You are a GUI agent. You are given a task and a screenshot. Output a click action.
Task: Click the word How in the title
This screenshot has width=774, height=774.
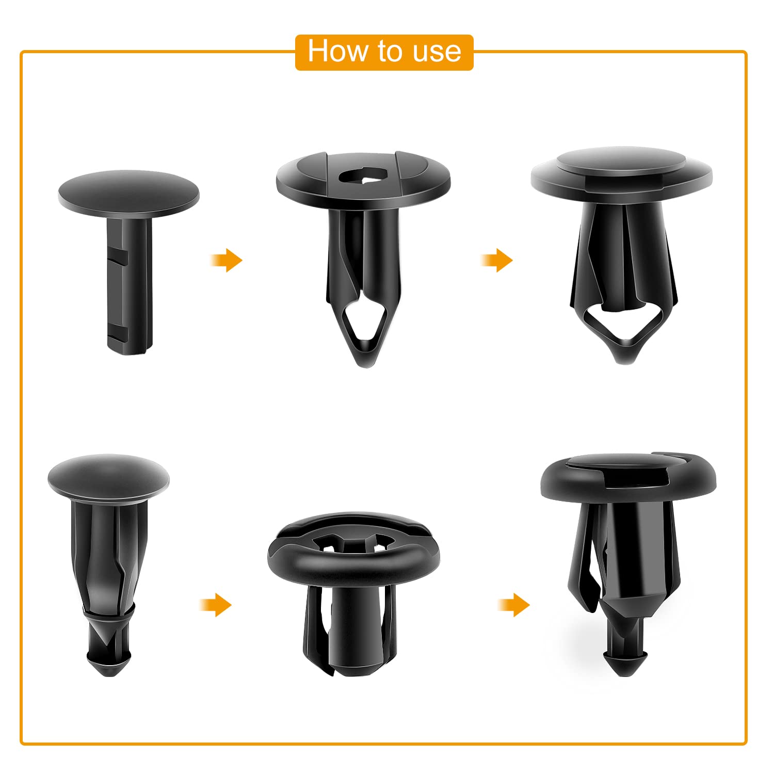point(338,52)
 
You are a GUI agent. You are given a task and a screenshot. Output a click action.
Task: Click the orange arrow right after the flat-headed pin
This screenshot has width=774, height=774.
point(227,260)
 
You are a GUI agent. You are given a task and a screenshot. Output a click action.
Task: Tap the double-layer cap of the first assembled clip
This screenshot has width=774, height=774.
point(621,170)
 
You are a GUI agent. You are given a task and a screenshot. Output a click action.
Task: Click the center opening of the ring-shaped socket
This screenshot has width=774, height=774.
point(354,546)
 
